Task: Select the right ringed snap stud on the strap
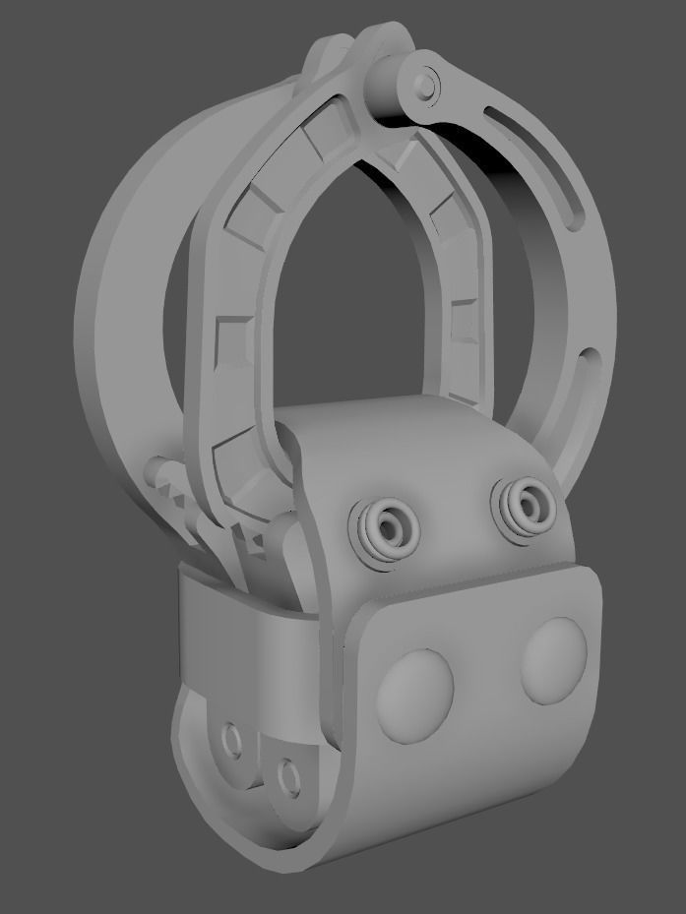point(527,506)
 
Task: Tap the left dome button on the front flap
point(413,694)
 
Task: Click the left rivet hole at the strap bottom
point(233,740)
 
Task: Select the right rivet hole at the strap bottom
point(289,776)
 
